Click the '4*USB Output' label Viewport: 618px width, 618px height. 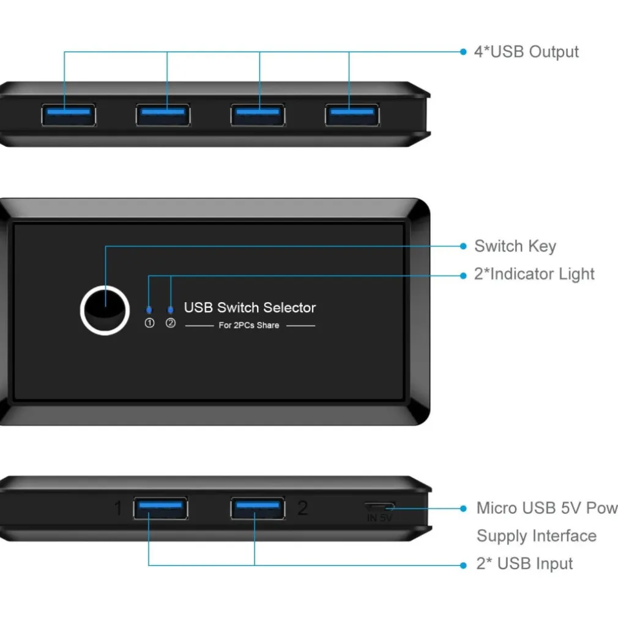coord(526,52)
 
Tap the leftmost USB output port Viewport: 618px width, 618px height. coord(68,114)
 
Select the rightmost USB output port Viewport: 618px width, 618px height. coord(352,114)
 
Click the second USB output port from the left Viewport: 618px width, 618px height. coord(163,114)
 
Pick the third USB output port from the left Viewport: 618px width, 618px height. coord(258,114)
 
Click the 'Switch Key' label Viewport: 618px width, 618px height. coord(515,247)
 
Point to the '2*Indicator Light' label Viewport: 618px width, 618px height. coord(534,274)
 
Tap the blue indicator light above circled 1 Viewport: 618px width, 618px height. coord(149,310)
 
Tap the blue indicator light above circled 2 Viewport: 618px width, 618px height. coord(171,310)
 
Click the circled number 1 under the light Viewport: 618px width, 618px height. coord(149,323)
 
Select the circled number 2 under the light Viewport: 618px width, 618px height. coord(171,323)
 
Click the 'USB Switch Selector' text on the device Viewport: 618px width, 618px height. coord(250,308)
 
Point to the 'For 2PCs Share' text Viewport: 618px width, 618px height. coord(249,326)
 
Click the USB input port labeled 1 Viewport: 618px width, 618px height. coord(160,508)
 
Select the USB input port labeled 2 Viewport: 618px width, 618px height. coord(258,508)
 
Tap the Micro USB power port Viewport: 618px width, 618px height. coord(379,507)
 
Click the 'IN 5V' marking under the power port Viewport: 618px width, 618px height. coord(379,518)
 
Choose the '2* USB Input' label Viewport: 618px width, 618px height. coord(524,564)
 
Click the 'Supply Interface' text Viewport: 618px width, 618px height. coord(536,536)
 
